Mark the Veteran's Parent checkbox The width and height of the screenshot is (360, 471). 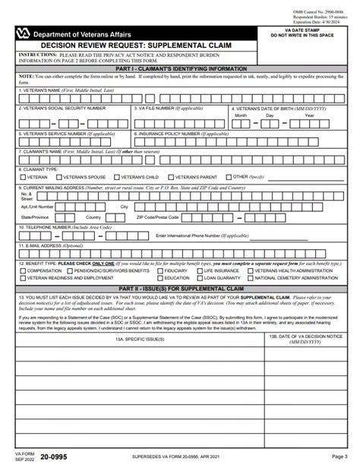coord(174,177)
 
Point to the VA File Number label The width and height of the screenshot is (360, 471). coord(160,109)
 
